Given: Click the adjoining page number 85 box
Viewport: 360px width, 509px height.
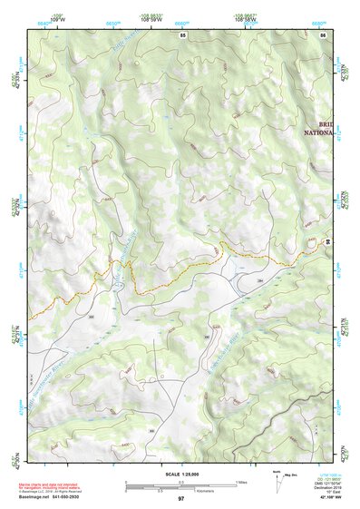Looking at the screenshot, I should click(x=183, y=34).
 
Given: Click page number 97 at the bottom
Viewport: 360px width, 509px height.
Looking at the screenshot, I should click(x=180, y=498).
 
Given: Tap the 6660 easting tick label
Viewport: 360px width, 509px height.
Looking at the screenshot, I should click(x=181, y=24).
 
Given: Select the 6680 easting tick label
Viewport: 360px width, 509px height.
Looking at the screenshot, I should click(x=318, y=24).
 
